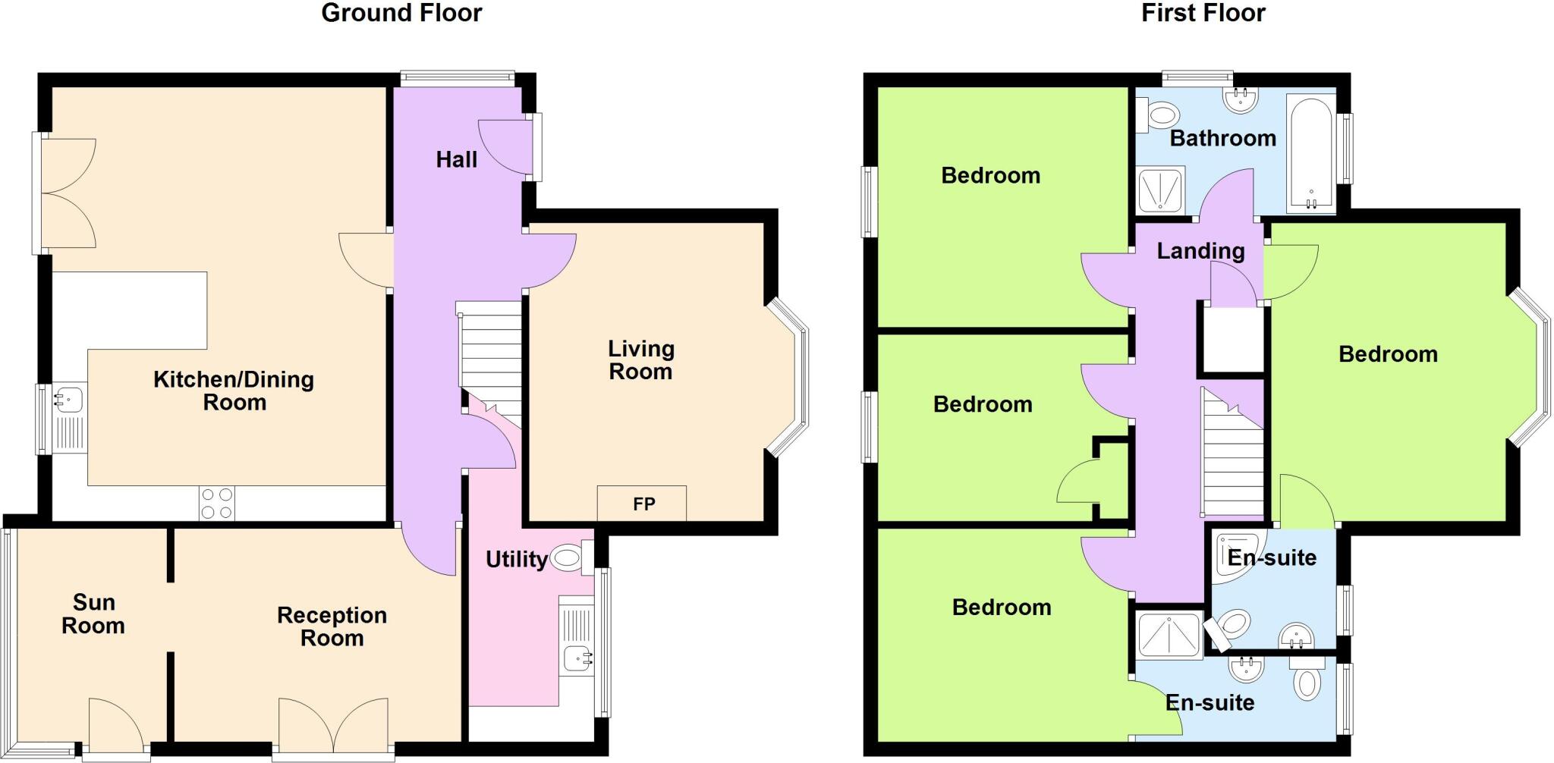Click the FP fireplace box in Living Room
pyautogui.click(x=642, y=504)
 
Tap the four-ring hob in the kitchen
pyautogui.click(x=217, y=504)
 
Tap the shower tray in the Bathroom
pyautogui.click(x=1161, y=190)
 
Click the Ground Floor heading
pyautogui.click(x=401, y=13)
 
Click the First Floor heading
pyautogui.click(x=1203, y=13)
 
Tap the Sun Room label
pyautogui.click(x=93, y=614)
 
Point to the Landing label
pyautogui.click(x=1200, y=251)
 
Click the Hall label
pyautogui.click(x=456, y=159)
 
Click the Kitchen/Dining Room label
pyautogui.click(x=234, y=390)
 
